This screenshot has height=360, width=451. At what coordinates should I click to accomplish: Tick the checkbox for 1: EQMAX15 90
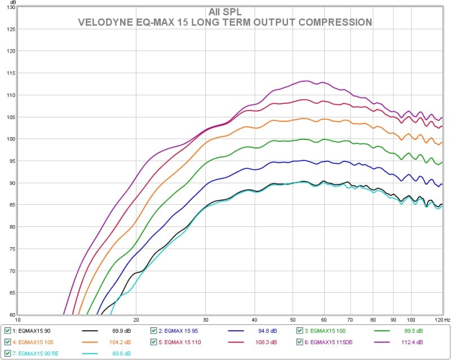(x=7, y=331)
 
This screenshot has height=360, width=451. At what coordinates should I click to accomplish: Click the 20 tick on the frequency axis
(x=136, y=320)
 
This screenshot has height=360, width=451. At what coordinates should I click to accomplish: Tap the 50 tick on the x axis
(x=292, y=320)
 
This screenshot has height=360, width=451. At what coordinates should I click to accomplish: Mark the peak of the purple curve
(x=307, y=81)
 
